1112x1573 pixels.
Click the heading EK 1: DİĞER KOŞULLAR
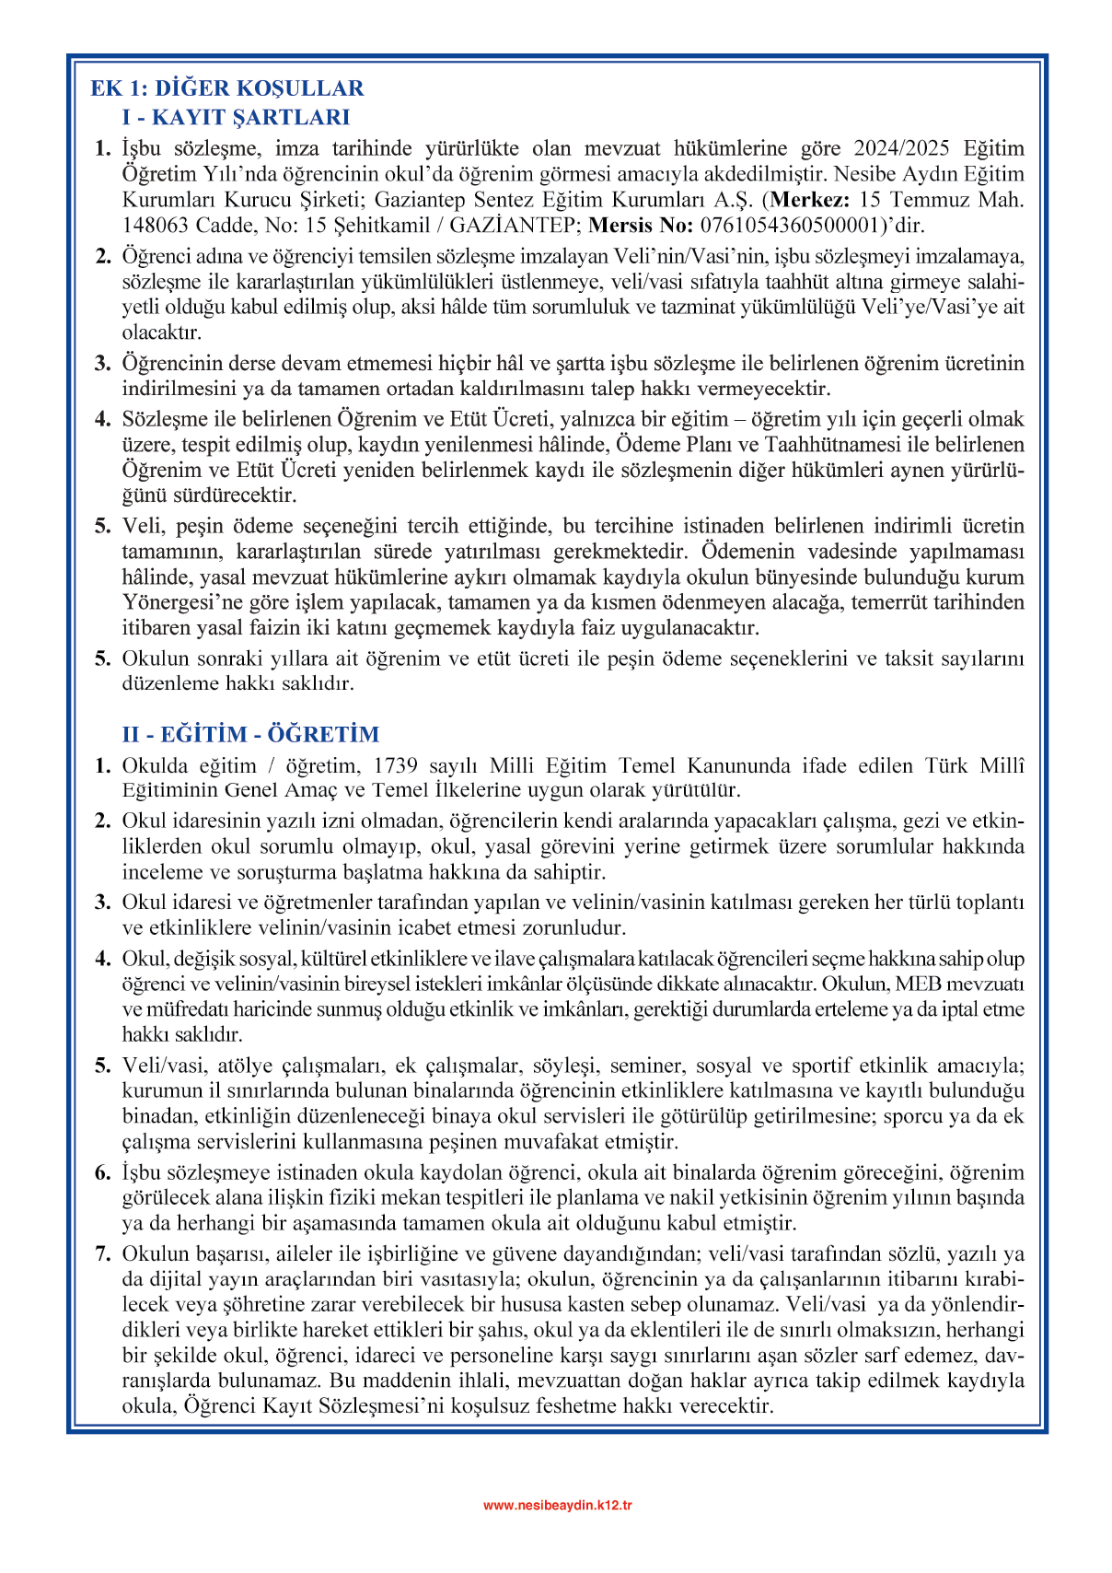pyautogui.click(x=226, y=88)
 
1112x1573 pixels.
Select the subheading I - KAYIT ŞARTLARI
pyautogui.click(x=236, y=117)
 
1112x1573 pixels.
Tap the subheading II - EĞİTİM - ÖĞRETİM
pyautogui.click(x=250, y=734)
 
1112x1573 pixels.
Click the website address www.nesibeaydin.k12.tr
pyautogui.click(x=557, y=1506)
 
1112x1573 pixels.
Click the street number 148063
pyautogui.click(x=157, y=225)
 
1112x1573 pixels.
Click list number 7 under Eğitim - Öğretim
pyautogui.click(x=103, y=1254)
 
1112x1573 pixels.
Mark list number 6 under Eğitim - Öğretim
pyautogui.click(x=103, y=1173)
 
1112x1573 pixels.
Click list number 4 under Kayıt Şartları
pyautogui.click(x=103, y=420)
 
